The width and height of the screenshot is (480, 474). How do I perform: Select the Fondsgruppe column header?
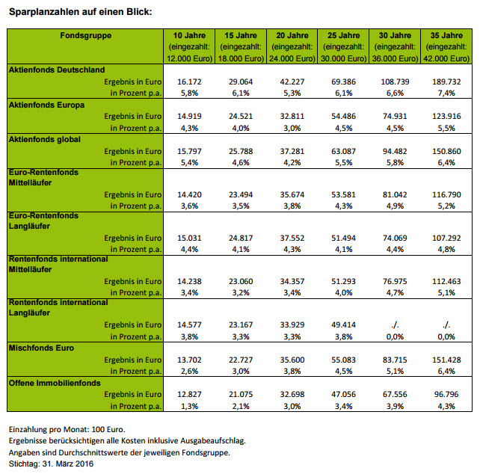pos(86,35)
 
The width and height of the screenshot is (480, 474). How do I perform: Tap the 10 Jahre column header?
pos(188,35)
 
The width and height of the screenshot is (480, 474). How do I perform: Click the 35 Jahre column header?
pos(446,35)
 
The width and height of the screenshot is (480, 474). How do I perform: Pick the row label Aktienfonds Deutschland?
pos(57,70)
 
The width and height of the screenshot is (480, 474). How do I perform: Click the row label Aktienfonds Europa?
pos(46,105)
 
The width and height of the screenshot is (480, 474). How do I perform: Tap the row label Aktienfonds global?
pos(44,139)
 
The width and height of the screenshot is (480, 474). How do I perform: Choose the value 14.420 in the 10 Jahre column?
pos(188,194)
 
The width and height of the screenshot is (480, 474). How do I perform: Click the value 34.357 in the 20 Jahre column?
pos(292,282)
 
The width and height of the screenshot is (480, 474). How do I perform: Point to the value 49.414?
pos(342,324)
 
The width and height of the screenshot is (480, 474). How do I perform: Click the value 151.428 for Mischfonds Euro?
pos(446,360)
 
